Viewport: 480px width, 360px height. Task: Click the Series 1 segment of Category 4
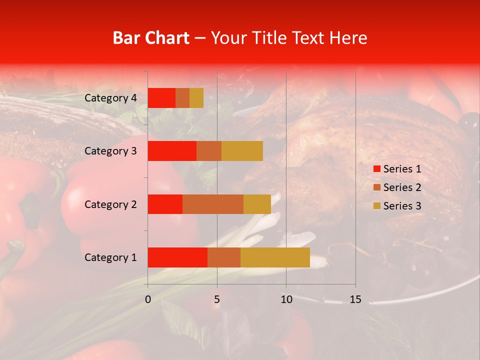click(161, 98)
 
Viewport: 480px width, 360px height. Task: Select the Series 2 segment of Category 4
click(182, 98)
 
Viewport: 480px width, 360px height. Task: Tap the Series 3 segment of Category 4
click(196, 98)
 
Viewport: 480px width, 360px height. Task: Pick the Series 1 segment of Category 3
click(172, 151)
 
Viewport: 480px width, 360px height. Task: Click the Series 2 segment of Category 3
click(209, 151)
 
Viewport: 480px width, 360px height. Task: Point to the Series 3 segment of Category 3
click(242, 151)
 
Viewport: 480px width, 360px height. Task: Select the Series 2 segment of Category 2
click(213, 204)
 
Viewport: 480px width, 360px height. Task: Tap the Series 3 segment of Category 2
click(257, 204)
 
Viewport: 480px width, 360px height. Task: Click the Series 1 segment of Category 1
click(177, 257)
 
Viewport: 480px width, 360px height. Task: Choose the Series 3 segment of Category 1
click(275, 257)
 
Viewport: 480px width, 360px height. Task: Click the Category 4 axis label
click(110, 98)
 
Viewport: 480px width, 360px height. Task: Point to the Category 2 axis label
click(110, 204)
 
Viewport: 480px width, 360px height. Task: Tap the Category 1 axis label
click(110, 257)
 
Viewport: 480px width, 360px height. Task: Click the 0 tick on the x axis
click(148, 299)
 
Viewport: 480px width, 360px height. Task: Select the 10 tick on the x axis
click(286, 299)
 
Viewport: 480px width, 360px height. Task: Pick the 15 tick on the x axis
click(355, 299)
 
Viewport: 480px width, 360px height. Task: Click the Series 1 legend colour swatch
click(376, 169)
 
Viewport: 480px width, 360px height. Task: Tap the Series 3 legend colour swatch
click(376, 206)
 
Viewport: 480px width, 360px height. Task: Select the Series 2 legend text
click(402, 187)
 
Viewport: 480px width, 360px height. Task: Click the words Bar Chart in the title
click(151, 38)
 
